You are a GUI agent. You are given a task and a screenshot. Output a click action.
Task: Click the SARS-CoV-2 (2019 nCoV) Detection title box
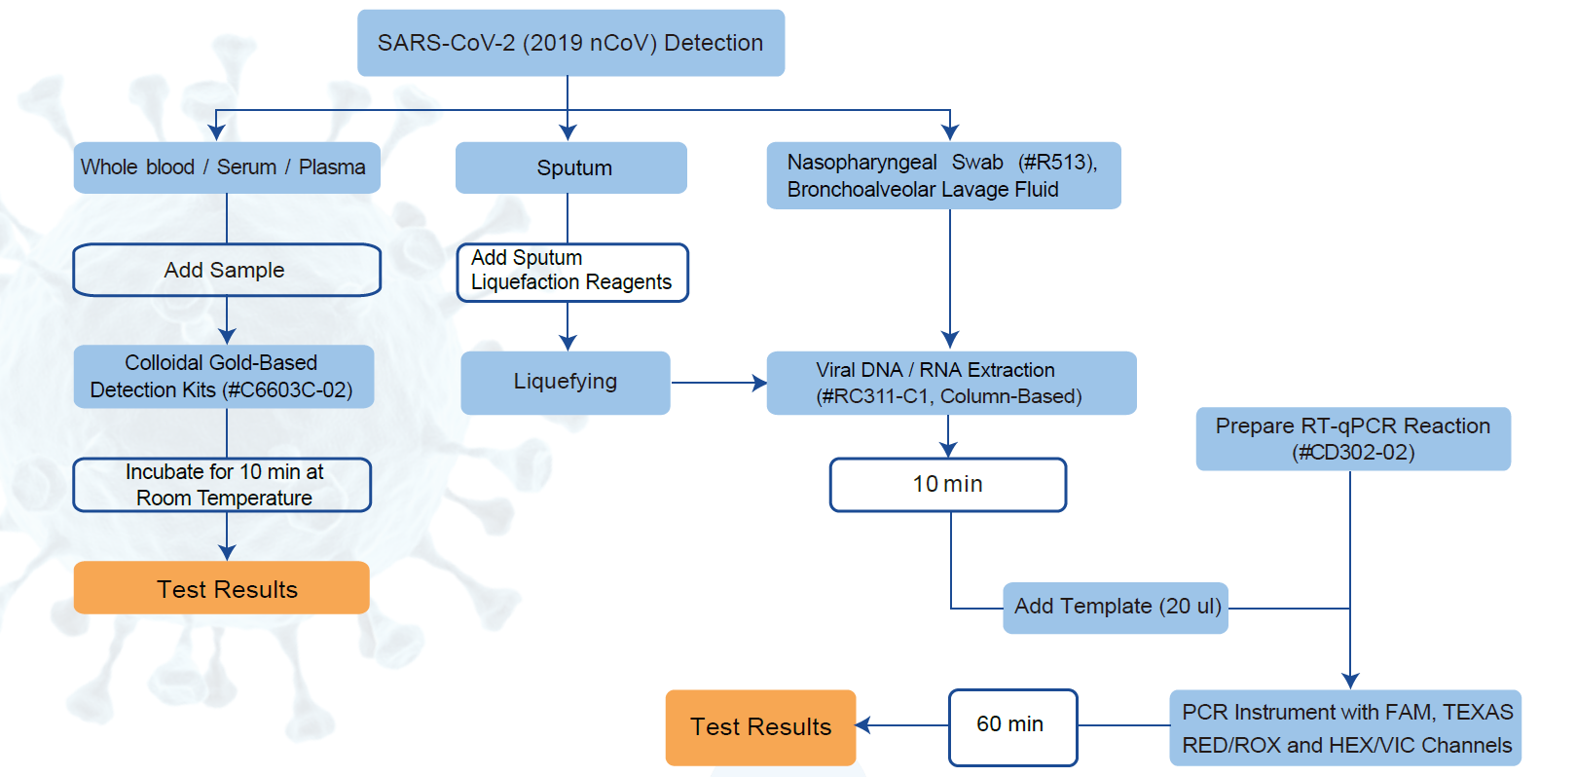570,43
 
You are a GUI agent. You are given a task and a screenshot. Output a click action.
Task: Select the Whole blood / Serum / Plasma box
226,167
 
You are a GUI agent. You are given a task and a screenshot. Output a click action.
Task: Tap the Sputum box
571,167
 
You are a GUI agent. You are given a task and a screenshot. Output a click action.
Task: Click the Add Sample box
226,270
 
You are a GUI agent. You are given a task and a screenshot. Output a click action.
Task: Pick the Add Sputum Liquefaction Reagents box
571,272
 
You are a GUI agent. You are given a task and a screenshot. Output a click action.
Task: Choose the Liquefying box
565,382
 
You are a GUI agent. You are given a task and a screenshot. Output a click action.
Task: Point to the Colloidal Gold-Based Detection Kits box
223,376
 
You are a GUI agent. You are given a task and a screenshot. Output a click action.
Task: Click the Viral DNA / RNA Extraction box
950,383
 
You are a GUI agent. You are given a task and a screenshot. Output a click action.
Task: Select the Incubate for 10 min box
223,485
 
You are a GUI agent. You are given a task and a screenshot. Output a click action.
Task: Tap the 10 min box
947,485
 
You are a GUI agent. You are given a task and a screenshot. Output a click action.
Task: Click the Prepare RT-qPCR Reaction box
1352,438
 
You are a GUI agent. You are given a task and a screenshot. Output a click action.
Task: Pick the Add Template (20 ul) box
1115,608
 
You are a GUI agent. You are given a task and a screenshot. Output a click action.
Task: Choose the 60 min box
1011,726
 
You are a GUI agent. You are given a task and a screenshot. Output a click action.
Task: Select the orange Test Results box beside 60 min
760,727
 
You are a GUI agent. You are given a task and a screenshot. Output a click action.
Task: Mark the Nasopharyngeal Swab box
942,175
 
